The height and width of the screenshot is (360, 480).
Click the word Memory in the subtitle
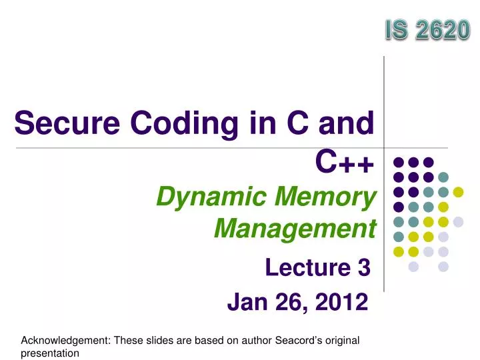pyautogui.click(x=329, y=197)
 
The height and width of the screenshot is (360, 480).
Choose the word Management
pyautogui.click(x=295, y=229)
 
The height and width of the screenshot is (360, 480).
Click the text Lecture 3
pyautogui.click(x=317, y=268)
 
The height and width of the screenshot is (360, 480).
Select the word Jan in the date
pyautogui.click(x=247, y=303)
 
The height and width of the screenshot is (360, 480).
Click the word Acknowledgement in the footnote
pyautogui.click(x=66, y=341)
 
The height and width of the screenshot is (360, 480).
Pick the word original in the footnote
pyautogui.click(x=339, y=341)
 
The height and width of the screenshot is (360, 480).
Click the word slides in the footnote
pyautogui.click(x=155, y=341)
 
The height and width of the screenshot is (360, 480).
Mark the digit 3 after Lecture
pyautogui.click(x=363, y=268)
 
